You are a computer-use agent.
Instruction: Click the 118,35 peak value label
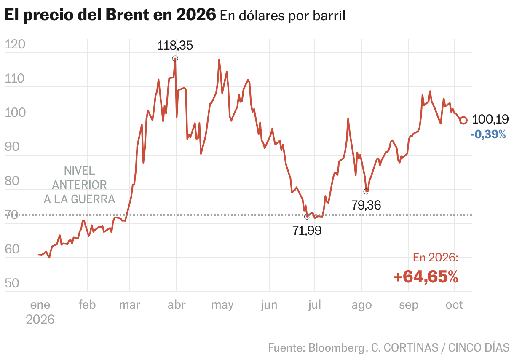tap(175, 46)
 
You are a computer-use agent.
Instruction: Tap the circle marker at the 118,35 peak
tap(175, 59)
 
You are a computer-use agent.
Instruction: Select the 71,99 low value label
tap(307, 230)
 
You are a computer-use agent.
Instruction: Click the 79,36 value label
tap(366, 205)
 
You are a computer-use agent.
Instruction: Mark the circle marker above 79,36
tap(366, 191)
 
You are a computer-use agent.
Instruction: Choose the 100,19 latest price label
tap(490, 119)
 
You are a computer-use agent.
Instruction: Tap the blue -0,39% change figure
tap(488, 134)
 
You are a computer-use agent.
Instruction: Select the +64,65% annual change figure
tap(426, 277)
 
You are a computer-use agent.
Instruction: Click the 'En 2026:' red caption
tap(436, 258)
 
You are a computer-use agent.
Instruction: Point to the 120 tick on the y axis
tap(15, 44)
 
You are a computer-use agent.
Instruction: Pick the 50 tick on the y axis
tap(12, 283)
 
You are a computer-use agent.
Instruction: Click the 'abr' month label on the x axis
tap(177, 305)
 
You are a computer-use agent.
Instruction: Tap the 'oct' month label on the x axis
tap(454, 305)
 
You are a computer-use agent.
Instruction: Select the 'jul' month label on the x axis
tap(314, 305)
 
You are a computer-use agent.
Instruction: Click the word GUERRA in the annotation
tap(93, 199)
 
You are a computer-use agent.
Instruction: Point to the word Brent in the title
tap(127, 14)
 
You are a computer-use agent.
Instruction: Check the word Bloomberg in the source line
tap(336, 348)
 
